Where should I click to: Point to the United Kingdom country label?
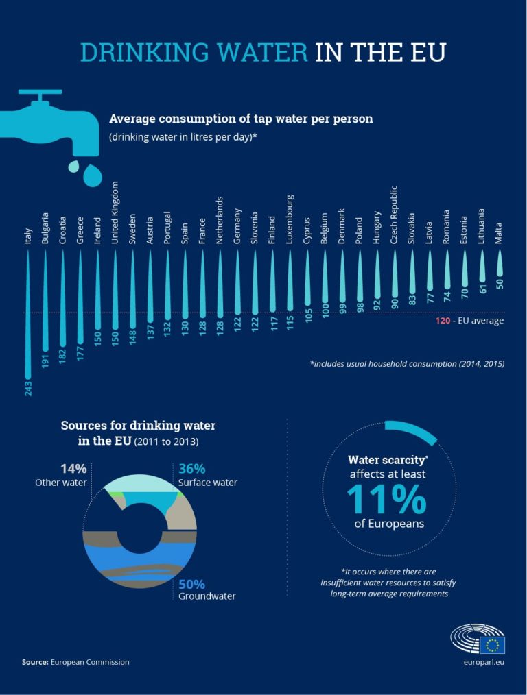(x=115, y=212)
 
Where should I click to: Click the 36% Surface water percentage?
(x=191, y=469)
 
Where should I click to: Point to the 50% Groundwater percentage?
(x=191, y=584)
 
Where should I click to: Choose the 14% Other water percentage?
(x=73, y=469)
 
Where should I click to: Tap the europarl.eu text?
(x=484, y=662)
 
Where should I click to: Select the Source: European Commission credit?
(x=75, y=662)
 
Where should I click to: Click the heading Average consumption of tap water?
(x=241, y=119)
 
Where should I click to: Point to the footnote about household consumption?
(x=407, y=364)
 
